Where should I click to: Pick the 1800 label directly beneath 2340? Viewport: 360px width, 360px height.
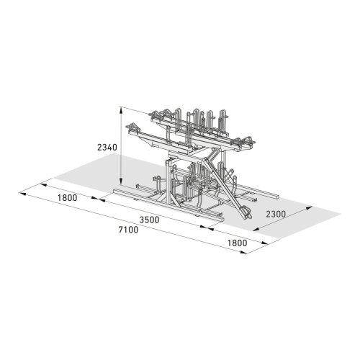(69, 199)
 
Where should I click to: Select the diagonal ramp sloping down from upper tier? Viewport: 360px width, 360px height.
(223, 184)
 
